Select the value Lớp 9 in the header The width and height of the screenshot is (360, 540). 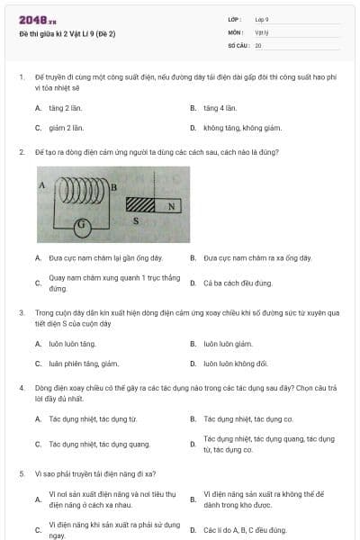coord(262,19)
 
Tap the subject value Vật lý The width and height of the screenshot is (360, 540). coord(262,31)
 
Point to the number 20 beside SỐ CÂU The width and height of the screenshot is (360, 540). coord(258,45)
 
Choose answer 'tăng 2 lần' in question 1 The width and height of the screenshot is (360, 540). coord(65,108)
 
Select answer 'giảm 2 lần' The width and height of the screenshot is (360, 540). coord(66,128)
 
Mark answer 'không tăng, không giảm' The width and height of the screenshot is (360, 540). coord(242,128)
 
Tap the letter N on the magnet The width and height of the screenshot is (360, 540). coord(171,205)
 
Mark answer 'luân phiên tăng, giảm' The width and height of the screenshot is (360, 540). coord(84,364)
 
